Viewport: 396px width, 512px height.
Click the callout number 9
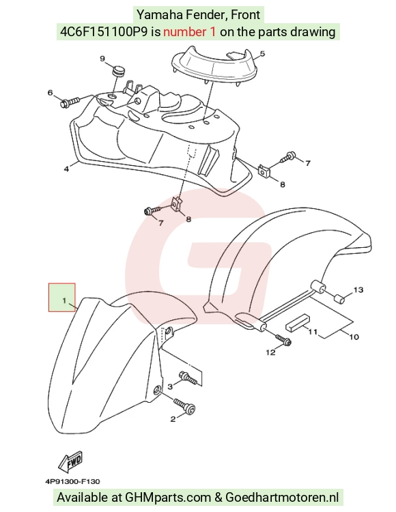pyautogui.click(x=102, y=59)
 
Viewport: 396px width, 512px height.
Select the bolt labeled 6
pyautogui.click(x=70, y=102)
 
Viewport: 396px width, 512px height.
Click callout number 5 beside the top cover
pyautogui.click(x=262, y=53)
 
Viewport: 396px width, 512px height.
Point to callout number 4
pyautogui.click(x=66, y=169)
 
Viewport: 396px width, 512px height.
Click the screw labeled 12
pyautogui.click(x=283, y=339)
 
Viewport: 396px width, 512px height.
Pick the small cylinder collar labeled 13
pyautogui.click(x=339, y=298)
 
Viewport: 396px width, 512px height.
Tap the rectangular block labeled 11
pyautogui.click(x=298, y=322)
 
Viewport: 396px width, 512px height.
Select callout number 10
pyautogui.click(x=354, y=337)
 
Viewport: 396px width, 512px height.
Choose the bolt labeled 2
pyautogui.click(x=184, y=407)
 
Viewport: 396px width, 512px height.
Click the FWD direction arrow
pyautogui.click(x=70, y=462)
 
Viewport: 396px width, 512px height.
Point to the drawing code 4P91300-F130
pyautogui.click(x=72, y=481)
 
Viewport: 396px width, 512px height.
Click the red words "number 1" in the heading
pyautogui.click(x=189, y=31)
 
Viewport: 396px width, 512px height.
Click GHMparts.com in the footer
pyautogui.click(x=168, y=497)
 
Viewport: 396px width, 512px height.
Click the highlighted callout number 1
pyautogui.click(x=64, y=300)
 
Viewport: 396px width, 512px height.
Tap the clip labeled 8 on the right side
pyautogui.click(x=264, y=171)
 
